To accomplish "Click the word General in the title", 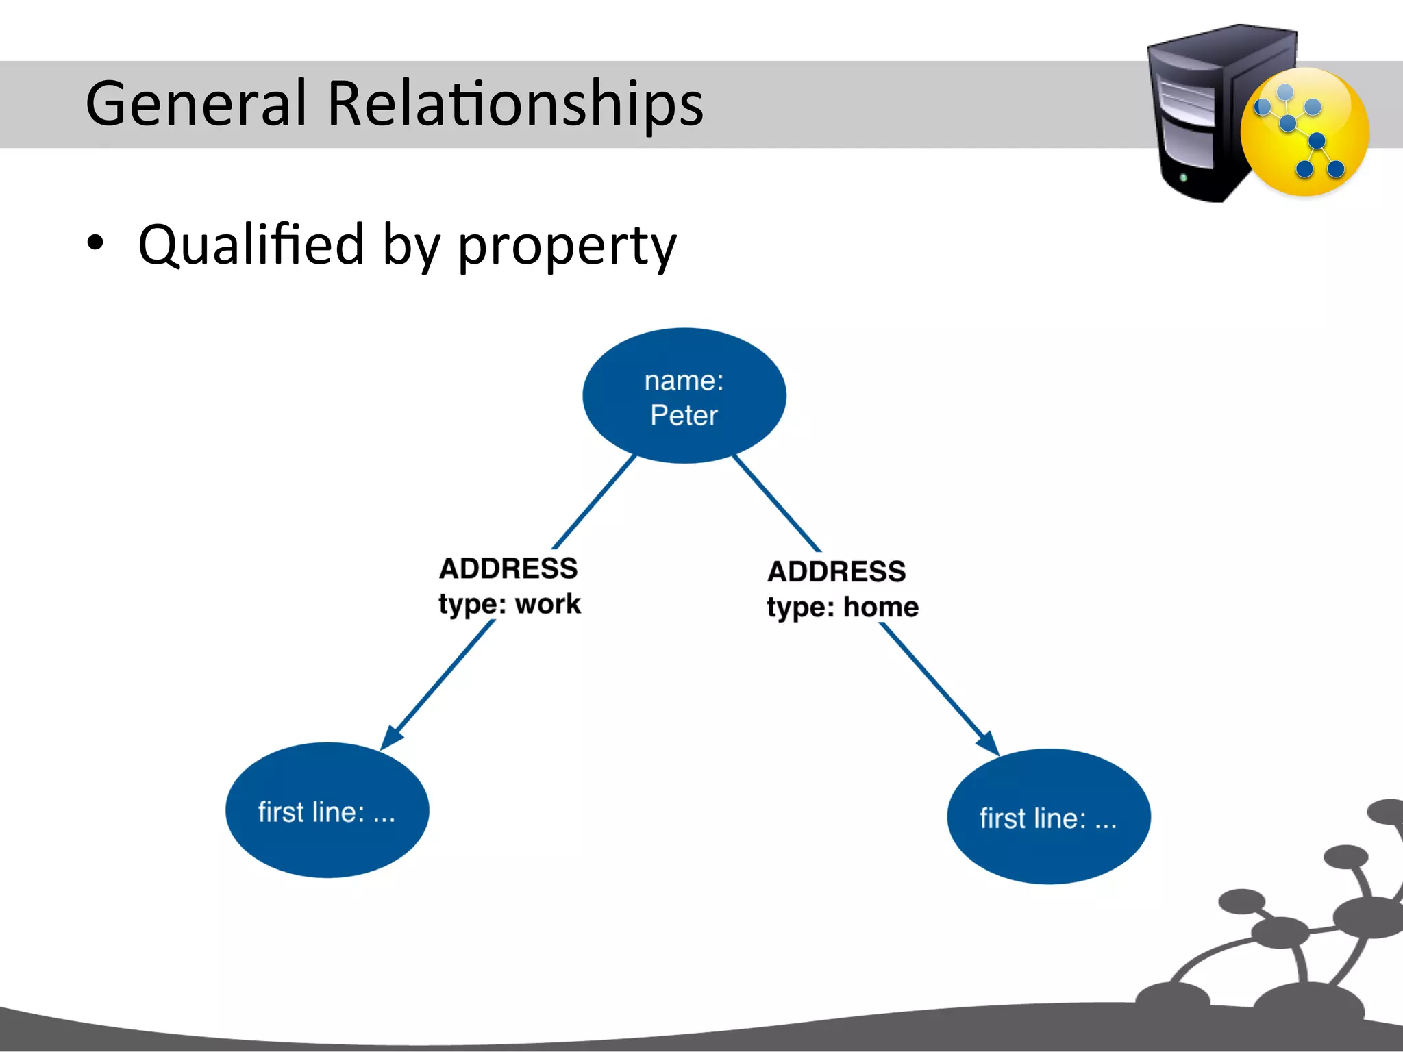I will pyautogui.click(x=195, y=103).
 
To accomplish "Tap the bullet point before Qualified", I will pyautogui.click(x=96, y=242).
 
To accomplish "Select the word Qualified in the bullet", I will pyautogui.click(x=251, y=245).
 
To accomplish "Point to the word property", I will pyautogui.click(x=567, y=247).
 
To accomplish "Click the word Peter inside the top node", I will pyautogui.click(x=684, y=416).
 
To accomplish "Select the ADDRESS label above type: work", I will pyautogui.click(x=508, y=568).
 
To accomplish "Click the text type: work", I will pyautogui.click(x=510, y=604).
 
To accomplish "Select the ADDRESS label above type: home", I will pyautogui.click(x=836, y=571).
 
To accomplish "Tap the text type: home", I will pyautogui.click(x=843, y=607).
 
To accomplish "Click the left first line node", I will pyautogui.click(x=327, y=810).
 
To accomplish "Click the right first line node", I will pyautogui.click(x=1048, y=817).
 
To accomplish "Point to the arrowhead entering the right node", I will pyautogui.click(x=989, y=744).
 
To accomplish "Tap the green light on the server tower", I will pyautogui.click(x=1183, y=178).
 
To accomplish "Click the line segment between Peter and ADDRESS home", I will pyautogui.click(x=776, y=503).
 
